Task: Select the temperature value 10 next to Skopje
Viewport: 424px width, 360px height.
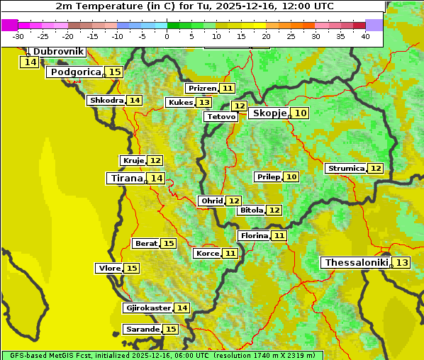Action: point(301,113)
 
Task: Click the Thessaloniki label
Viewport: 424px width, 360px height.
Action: point(356,263)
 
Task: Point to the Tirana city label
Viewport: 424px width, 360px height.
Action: point(126,179)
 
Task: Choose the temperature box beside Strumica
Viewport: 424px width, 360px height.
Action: point(376,169)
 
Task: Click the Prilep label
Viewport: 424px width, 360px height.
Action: point(268,176)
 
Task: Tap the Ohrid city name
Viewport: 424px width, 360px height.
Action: point(212,201)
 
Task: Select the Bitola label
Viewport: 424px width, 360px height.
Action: point(251,210)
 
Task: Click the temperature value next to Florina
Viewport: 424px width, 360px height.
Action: point(279,235)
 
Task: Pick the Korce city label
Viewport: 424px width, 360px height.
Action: point(207,253)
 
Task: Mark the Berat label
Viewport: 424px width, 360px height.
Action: point(146,244)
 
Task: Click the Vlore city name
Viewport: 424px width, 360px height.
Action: point(109,269)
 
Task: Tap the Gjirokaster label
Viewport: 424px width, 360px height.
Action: point(147,308)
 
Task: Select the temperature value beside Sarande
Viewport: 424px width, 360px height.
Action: point(171,330)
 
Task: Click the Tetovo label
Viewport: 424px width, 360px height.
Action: point(221,116)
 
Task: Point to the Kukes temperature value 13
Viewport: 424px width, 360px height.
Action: point(204,103)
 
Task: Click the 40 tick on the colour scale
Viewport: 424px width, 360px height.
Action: point(365,35)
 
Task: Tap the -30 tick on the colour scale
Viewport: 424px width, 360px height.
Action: point(18,35)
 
